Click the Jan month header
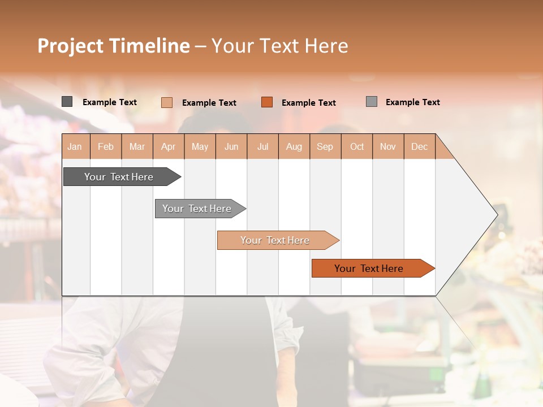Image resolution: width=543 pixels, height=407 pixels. point(75,146)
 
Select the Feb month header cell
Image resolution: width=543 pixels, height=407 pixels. point(106,146)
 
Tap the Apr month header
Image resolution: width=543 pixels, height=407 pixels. point(169,146)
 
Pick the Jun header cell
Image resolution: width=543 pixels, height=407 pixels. point(231,146)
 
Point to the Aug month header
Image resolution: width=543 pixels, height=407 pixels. point(294,146)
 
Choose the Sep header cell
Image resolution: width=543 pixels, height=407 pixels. point(325,146)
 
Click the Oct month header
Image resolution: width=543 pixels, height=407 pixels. point(357,146)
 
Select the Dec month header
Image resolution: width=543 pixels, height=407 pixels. point(420,146)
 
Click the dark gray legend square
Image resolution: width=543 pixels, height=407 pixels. point(67,102)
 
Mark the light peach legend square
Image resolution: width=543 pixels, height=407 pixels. point(167,102)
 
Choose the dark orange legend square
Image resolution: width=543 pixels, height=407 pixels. point(267,102)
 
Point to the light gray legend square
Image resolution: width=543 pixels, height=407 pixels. point(372,102)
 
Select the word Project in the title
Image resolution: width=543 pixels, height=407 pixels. point(71,46)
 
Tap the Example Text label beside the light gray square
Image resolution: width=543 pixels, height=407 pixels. point(412,102)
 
